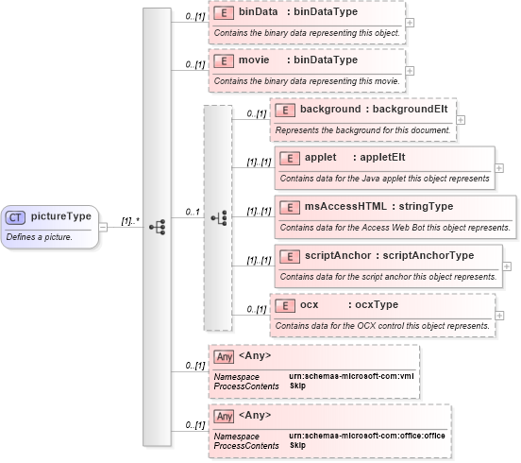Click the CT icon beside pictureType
pos(16,217)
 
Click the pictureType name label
pos(60,216)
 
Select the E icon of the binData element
pos(223,13)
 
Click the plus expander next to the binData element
pos(409,23)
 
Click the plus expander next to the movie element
pos(409,69)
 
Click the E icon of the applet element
pos(290,156)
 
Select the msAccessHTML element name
pos(346,206)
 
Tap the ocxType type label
pos(373,305)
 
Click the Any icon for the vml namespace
pos(224,356)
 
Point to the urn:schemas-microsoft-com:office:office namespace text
pos(366,436)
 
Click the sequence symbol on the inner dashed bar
pos(218,217)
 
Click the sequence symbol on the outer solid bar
pos(157,227)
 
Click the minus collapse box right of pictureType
pos(104,227)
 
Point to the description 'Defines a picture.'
pos(40,236)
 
